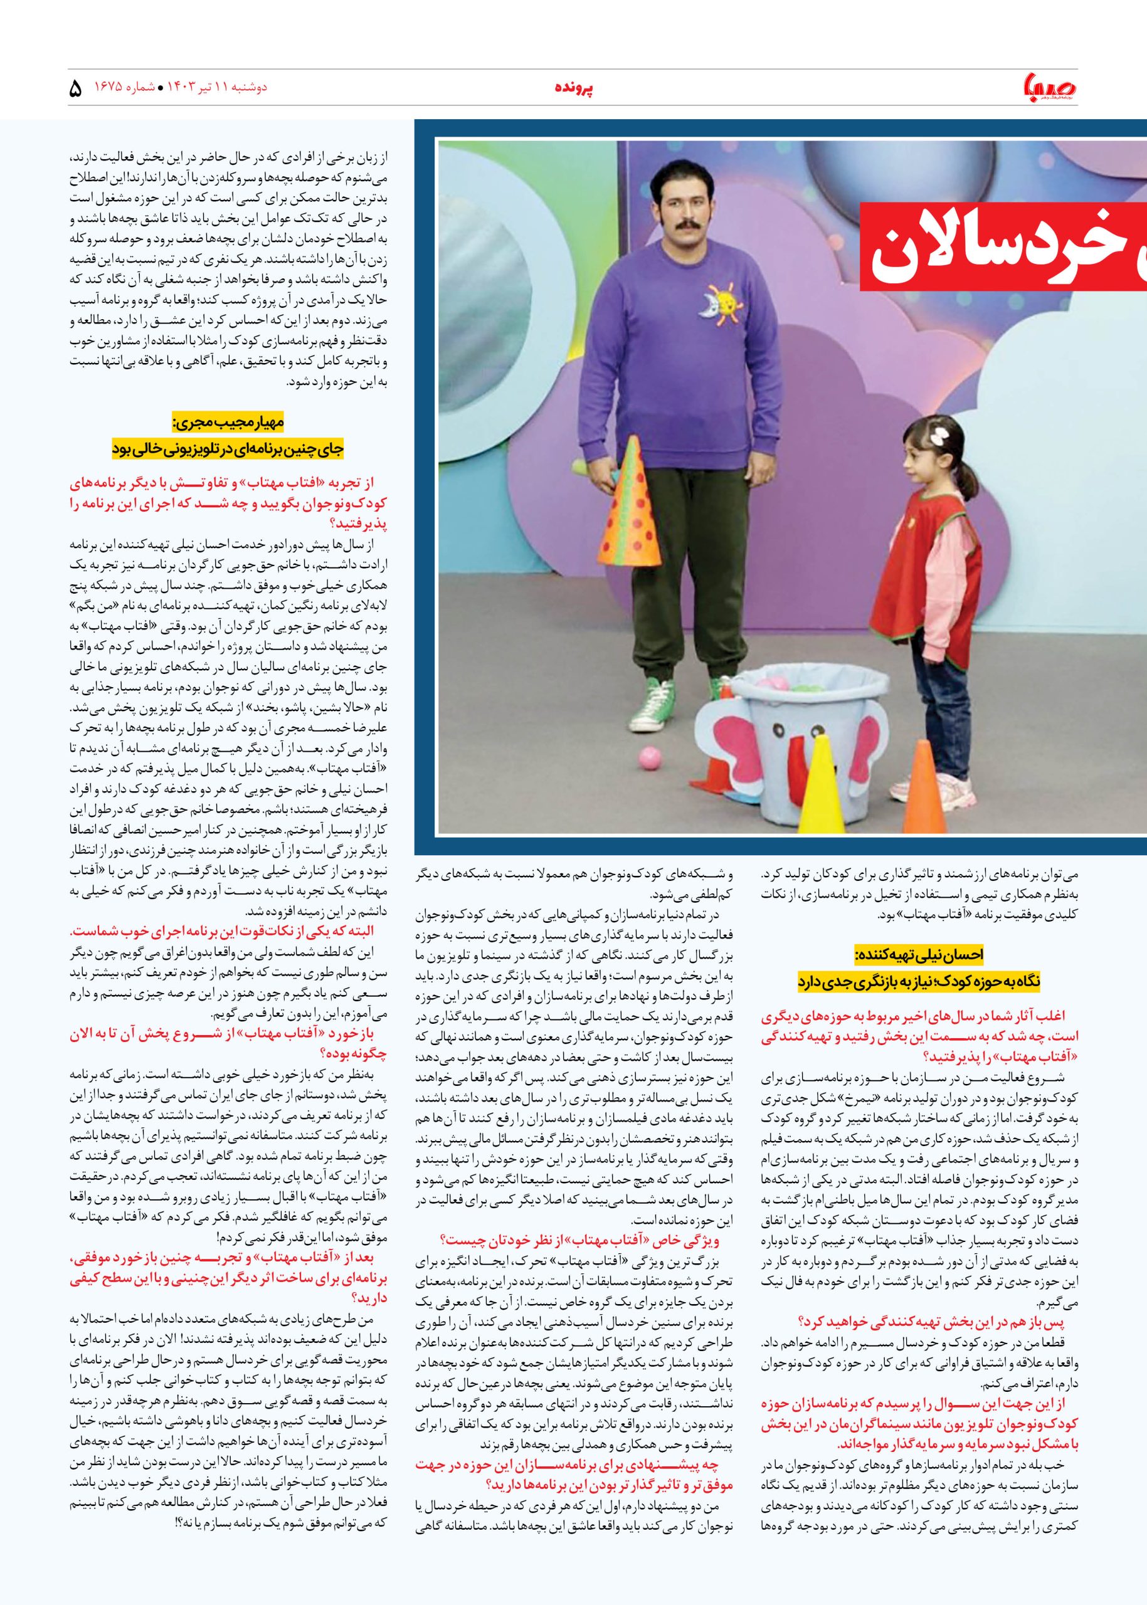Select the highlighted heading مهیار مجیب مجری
point(228,424)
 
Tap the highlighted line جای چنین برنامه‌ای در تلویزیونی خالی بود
point(228,448)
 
